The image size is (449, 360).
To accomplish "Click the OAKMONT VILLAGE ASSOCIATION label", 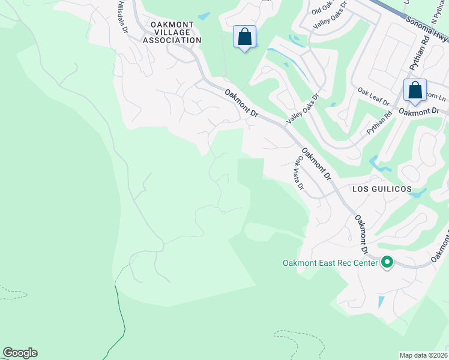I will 172,32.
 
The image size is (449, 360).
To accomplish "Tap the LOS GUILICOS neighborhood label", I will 382,189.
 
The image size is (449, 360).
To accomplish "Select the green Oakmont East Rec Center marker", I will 387,262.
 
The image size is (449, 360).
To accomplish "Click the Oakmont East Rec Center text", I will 330,263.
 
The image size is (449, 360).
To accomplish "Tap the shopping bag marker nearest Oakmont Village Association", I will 244,37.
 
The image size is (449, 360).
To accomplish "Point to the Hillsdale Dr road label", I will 122,16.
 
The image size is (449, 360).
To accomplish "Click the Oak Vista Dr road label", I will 299,174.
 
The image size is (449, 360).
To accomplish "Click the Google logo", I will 20,353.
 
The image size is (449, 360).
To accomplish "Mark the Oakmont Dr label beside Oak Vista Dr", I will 316,163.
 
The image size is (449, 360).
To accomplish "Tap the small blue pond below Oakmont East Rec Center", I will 381,302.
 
